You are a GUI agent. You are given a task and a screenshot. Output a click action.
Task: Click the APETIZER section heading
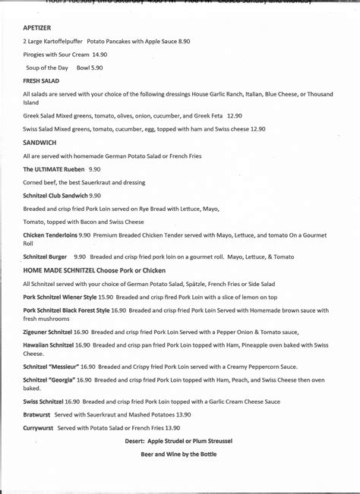click(x=37, y=26)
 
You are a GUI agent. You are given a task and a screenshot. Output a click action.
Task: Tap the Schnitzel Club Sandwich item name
click(x=60, y=195)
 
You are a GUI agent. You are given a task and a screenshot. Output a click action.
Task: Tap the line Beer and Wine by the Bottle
click(x=178, y=454)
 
